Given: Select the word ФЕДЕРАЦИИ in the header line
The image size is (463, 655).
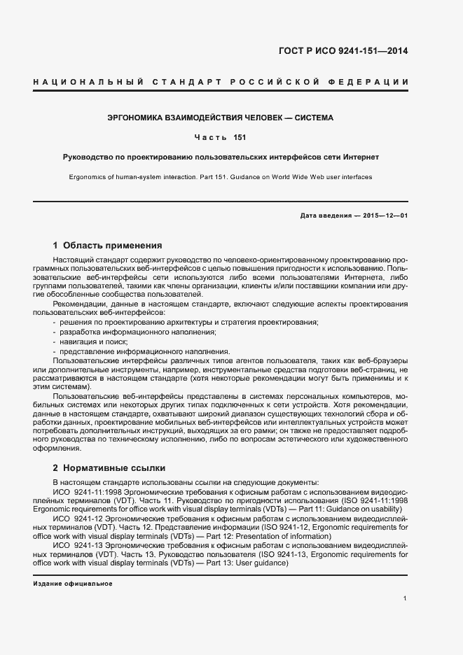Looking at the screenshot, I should [375, 83].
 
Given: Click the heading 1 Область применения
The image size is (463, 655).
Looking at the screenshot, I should [107, 246].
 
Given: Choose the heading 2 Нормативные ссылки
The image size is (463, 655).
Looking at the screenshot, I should [109, 467].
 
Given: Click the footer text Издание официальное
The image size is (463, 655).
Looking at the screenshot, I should [72, 584].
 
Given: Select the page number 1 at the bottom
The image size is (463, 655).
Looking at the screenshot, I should [406, 598].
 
